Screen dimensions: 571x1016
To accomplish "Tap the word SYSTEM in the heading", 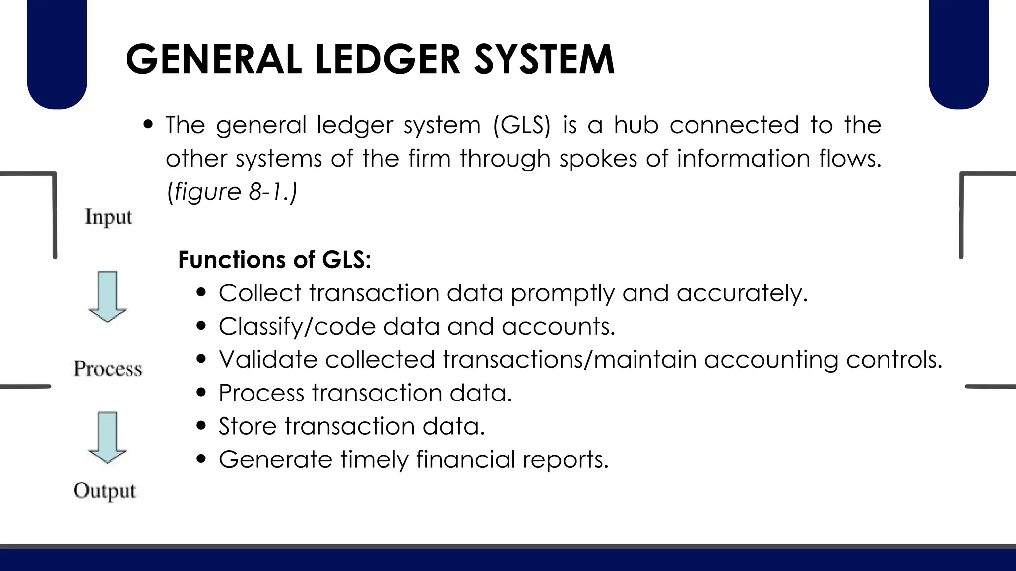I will click(544, 59).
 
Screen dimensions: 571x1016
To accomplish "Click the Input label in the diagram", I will click(108, 217).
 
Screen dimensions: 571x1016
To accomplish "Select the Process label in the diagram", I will click(108, 369).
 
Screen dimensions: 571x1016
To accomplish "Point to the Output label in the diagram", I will click(105, 491).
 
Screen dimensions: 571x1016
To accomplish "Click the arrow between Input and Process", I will click(107, 296).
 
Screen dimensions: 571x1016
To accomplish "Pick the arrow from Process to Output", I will click(107, 437).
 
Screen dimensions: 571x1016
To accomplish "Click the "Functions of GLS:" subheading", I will click(274, 260).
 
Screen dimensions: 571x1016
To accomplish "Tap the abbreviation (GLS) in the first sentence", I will click(522, 125).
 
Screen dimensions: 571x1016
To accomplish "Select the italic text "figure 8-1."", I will click(232, 192).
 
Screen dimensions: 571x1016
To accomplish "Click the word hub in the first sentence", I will click(636, 125).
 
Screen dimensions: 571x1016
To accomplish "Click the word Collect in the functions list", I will click(260, 293).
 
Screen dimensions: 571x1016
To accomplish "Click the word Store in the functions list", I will click(248, 426).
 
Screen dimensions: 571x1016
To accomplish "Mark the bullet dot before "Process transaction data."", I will click(201, 393).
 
